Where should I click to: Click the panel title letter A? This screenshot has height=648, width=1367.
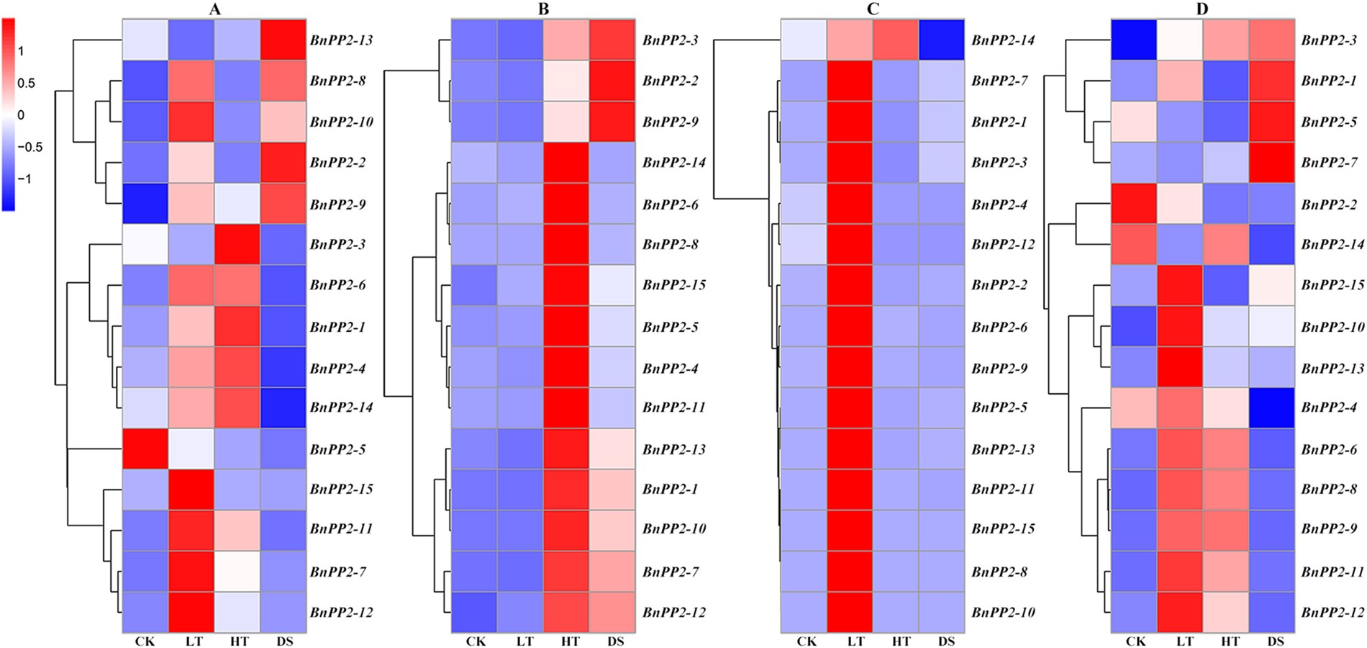coord(214,9)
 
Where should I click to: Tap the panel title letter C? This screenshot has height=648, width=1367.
coord(873,9)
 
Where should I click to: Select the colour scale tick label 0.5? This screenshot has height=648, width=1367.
coord(26,83)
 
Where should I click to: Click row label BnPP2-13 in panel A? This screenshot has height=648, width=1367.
coord(342,40)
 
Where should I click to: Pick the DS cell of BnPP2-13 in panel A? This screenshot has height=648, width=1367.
coord(283,40)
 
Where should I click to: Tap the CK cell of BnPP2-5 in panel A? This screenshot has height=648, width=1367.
coord(145,449)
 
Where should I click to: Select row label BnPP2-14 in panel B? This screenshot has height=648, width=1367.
coord(674,163)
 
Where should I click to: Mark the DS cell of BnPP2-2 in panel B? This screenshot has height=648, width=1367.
coord(612,80)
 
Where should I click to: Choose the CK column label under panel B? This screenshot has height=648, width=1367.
coord(476,641)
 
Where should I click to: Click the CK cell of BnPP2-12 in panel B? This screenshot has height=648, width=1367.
coord(474,612)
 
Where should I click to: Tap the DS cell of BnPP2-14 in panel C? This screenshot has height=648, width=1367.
coord(941,40)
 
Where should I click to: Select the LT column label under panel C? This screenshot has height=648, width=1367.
coord(855,641)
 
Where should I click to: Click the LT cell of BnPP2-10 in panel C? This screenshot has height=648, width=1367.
coord(850,612)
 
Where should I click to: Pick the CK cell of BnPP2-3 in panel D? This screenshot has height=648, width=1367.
coord(1133,40)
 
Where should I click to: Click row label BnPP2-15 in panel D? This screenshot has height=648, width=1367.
coord(1332,285)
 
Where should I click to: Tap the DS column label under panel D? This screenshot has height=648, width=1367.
coord(1275,641)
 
